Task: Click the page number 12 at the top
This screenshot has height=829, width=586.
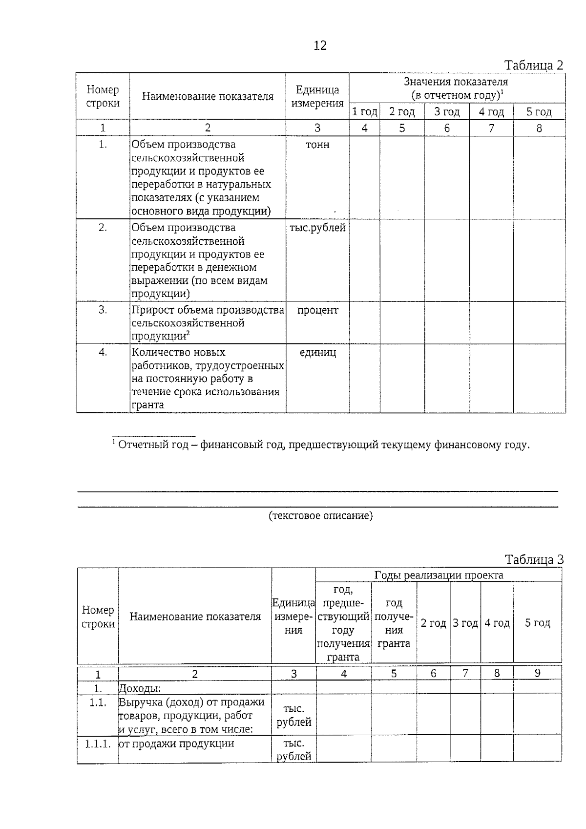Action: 320,46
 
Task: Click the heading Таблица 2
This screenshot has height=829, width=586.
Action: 533,65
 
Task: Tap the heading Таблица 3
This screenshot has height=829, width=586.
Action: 534,560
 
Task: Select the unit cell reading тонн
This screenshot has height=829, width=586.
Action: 317,145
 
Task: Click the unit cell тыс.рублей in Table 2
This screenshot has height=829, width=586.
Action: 317,228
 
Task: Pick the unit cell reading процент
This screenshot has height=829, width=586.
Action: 317,311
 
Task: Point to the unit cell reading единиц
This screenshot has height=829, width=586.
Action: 317,353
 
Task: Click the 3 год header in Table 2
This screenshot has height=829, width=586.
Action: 447,112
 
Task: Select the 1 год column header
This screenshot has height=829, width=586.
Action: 365,112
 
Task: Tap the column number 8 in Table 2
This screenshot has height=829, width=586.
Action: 539,128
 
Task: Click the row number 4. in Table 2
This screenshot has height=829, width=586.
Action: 103,353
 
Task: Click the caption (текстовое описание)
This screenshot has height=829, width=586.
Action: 321,516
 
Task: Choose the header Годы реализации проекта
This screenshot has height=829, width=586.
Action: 439,575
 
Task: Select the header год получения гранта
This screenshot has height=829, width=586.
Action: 394,623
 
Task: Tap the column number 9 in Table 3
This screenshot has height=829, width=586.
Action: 537,673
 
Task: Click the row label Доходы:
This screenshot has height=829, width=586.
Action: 140,688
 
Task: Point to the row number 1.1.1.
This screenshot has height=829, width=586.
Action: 98,744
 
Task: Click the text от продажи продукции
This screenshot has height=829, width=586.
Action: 176,744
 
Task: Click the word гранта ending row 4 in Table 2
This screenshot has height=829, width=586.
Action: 147,405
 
